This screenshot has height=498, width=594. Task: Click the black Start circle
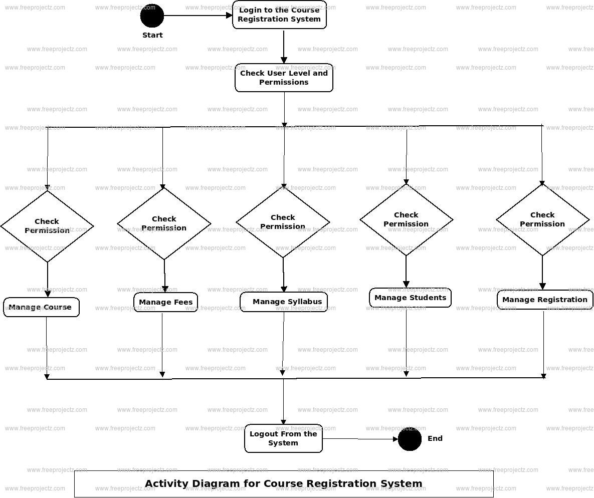coord(152,16)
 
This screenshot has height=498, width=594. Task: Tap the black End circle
coord(410,439)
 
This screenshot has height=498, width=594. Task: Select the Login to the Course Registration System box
coord(279,15)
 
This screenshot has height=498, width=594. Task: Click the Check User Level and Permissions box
coord(284,78)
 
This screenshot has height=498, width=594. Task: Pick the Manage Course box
coord(41,307)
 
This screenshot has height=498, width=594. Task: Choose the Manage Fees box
coord(165,302)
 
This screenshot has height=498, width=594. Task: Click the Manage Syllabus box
coord(284,302)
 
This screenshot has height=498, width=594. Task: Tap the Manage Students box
coord(410,298)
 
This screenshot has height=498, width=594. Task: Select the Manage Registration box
coord(545,300)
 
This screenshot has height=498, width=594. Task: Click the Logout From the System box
coord(283,438)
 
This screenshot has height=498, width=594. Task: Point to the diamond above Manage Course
coord(47,226)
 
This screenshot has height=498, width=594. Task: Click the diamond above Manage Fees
coord(164,223)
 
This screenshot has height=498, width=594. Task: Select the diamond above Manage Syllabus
coord(283,222)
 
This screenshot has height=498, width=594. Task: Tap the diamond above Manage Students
coord(406,219)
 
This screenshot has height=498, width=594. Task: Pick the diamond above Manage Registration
coord(542,219)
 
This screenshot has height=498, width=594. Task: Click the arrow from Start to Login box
coord(197,16)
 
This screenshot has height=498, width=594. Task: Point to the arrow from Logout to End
coord(360,439)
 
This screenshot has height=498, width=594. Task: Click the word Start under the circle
coord(152,35)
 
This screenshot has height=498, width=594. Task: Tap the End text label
coord(435,438)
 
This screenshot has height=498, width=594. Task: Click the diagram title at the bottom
coord(284,483)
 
